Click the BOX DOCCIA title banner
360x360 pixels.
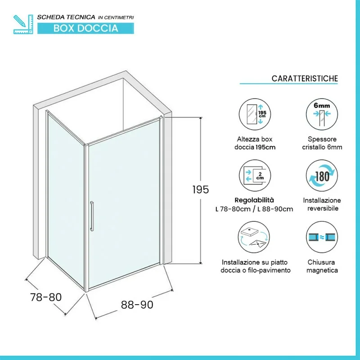(x=85, y=28)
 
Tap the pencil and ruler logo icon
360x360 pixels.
(x=23, y=24)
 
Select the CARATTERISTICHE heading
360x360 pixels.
(x=305, y=78)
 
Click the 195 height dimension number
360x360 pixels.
(x=201, y=189)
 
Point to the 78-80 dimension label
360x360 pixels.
(x=46, y=297)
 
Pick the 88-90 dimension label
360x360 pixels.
(x=137, y=305)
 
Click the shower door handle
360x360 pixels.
(x=92, y=216)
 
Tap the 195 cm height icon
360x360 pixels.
(x=255, y=114)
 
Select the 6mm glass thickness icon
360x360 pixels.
(x=322, y=114)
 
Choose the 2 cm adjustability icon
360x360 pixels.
(x=255, y=175)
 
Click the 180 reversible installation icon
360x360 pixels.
(x=322, y=175)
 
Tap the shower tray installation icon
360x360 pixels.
(x=254, y=237)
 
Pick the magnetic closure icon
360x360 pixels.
(x=322, y=237)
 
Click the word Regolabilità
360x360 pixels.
(x=254, y=200)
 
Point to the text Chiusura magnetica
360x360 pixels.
(x=322, y=266)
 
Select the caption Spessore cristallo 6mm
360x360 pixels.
(x=322, y=143)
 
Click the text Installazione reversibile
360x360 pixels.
(x=322, y=204)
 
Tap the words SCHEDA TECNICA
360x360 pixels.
(x=66, y=17)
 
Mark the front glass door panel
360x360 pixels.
(x=124, y=204)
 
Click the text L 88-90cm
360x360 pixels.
(x=275, y=209)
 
